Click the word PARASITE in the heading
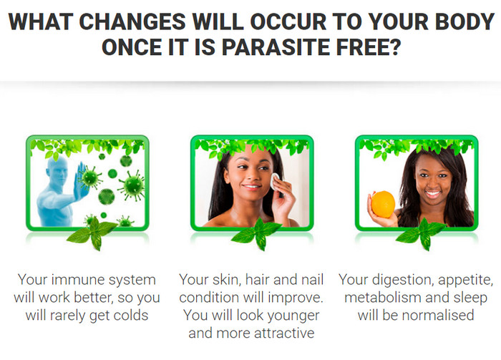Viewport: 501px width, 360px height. [276, 47]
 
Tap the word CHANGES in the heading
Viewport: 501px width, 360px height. [132, 21]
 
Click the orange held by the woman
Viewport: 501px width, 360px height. [383, 205]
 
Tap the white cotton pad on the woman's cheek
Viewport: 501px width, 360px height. [275, 181]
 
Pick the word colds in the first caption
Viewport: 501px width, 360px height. [131, 316]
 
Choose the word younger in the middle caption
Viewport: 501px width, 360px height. [293, 316]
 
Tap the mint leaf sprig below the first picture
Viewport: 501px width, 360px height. [93, 233]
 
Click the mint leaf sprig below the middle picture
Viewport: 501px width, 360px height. [257, 233]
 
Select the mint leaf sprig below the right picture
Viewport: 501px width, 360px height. [422, 233]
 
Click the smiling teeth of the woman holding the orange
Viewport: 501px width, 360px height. [433, 193]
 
